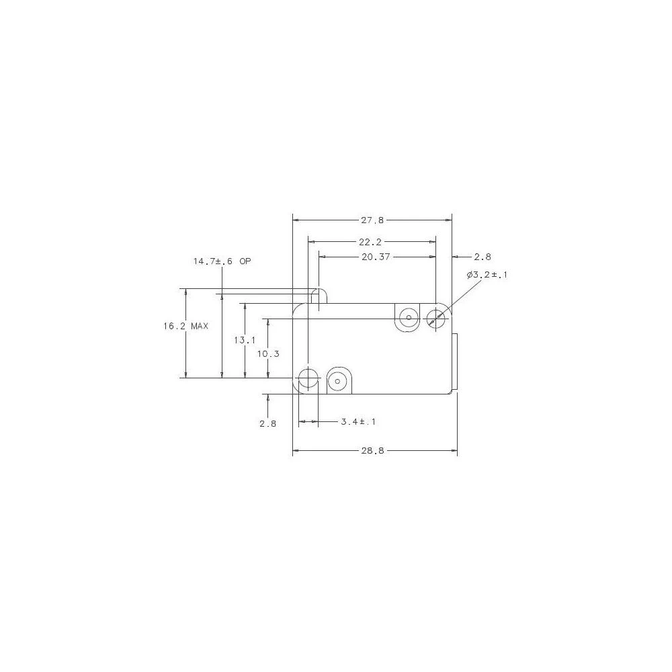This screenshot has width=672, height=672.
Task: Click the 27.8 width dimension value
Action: tap(372, 220)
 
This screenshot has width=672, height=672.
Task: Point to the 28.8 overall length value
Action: tap(372, 451)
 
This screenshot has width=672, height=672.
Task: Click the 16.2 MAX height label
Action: tap(186, 326)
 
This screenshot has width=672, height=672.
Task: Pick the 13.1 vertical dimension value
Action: tap(245, 341)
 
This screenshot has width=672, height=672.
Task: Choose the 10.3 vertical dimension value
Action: tap(267, 353)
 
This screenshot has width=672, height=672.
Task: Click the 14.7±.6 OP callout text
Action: tap(222, 261)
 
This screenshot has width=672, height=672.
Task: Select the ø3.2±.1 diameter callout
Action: tap(487, 275)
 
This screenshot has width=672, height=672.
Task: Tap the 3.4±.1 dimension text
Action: tap(358, 422)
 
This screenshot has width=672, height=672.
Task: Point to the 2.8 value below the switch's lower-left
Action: tap(267, 423)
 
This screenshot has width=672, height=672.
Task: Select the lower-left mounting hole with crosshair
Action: tap(308, 380)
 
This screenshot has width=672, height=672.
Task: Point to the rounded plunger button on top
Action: tap(320, 296)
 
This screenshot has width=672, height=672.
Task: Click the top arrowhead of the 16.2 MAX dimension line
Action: tap(186, 292)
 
